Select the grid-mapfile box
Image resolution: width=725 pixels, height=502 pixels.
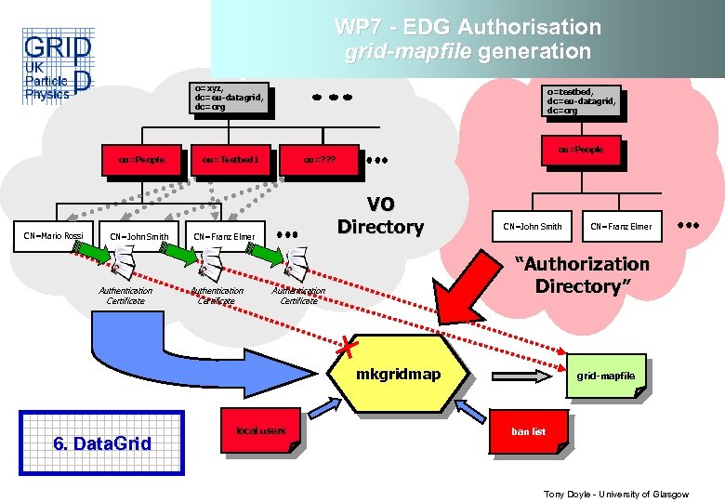[605, 376]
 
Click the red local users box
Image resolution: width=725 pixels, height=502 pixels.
[260, 430]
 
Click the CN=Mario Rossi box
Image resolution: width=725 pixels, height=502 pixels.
[53, 235]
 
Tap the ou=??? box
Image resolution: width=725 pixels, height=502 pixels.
[320, 159]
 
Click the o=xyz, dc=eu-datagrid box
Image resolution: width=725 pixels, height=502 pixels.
[230, 98]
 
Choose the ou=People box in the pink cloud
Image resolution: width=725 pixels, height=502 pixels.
[581, 150]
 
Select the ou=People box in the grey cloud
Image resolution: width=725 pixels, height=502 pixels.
[140, 159]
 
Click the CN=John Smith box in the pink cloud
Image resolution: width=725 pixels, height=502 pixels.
[533, 226]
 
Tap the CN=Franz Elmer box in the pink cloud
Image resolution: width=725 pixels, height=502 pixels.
[621, 226]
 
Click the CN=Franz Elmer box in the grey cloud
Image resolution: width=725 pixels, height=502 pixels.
[224, 236]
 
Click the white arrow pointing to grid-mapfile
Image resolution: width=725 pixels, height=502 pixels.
[529, 376]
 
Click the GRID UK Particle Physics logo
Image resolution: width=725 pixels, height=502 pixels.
[57, 68]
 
